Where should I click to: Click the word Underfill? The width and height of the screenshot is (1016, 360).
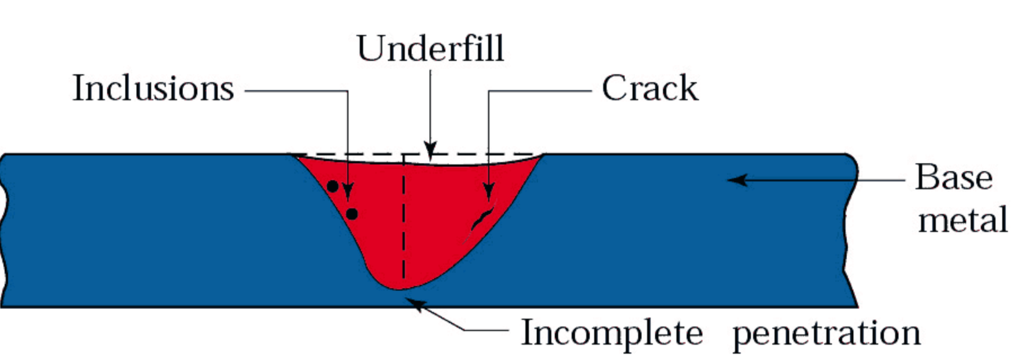click(x=430, y=49)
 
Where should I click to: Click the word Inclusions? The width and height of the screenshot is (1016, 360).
click(x=153, y=88)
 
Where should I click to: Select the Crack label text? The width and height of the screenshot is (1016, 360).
click(x=649, y=88)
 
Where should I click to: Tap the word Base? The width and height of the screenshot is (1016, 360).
click(x=954, y=178)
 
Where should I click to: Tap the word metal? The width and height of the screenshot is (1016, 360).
click(x=962, y=220)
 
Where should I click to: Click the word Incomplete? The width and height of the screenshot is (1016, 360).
click(x=611, y=334)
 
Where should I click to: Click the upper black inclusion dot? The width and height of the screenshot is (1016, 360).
click(x=333, y=186)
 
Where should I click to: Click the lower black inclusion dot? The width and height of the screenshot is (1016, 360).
click(x=351, y=214)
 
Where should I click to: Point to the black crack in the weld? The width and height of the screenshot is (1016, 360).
click(x=482, y=218)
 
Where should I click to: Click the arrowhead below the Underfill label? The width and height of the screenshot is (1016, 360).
click(x=431, y=151)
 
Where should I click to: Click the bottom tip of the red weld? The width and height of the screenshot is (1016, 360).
click(x=398, y=288)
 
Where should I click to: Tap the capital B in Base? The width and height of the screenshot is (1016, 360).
click(x=928, y=178)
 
